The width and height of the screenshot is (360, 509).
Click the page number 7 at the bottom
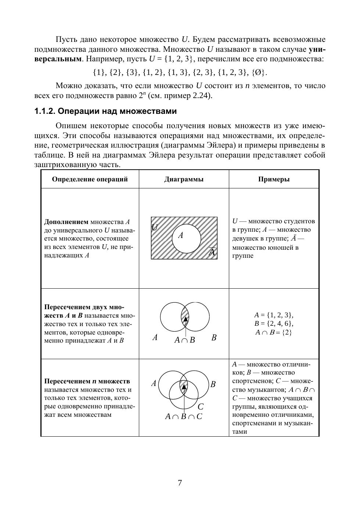180,483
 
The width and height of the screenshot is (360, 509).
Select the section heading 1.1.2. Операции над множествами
105,111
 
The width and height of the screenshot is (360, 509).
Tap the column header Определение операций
90,179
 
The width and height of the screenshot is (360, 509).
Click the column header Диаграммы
184,179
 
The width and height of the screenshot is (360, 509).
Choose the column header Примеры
274,179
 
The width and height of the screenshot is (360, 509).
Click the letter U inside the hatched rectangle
155,228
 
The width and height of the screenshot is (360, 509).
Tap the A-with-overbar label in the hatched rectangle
212,252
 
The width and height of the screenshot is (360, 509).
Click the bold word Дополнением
66,222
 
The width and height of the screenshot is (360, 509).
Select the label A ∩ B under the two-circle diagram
184,340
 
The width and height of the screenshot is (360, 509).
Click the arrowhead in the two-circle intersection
186,319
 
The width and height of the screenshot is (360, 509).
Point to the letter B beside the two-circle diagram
214,337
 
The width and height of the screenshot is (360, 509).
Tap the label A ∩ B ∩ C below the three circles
184,416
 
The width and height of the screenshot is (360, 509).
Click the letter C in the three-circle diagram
200,407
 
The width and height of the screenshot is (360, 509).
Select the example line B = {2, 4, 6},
274,324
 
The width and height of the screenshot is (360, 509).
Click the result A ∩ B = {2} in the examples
274,332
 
